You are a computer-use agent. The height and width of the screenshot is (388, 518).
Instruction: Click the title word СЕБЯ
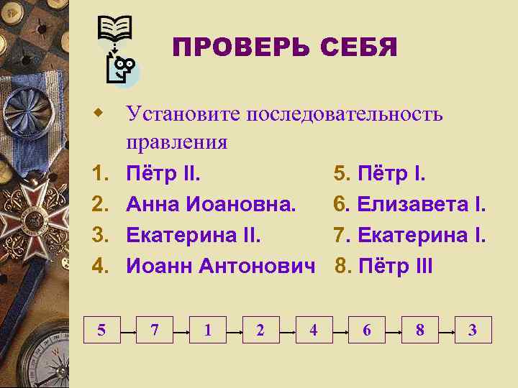tap(359, 48)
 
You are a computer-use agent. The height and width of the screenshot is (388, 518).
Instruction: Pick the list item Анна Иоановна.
tap(211, 205)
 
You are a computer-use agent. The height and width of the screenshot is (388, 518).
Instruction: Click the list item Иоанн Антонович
tap(221, 267)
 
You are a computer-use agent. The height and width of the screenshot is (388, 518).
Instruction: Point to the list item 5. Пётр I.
tap(380, 174)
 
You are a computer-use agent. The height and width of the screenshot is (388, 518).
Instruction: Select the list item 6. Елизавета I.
tap(409, 205)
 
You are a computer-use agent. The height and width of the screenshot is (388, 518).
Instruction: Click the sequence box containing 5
tap(101, 330)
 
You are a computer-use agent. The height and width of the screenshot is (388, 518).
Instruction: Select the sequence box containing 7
tap(155, 330)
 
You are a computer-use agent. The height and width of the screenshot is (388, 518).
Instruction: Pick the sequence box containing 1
tap(207, 330)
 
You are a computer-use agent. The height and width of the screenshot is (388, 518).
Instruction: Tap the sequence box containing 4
tap(313, 330)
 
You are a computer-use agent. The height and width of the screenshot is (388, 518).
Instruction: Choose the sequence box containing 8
tap(419, 330)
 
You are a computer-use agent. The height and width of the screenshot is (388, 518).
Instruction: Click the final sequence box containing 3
tap(473, 330)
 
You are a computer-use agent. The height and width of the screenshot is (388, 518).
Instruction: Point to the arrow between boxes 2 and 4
tap(286, 330)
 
